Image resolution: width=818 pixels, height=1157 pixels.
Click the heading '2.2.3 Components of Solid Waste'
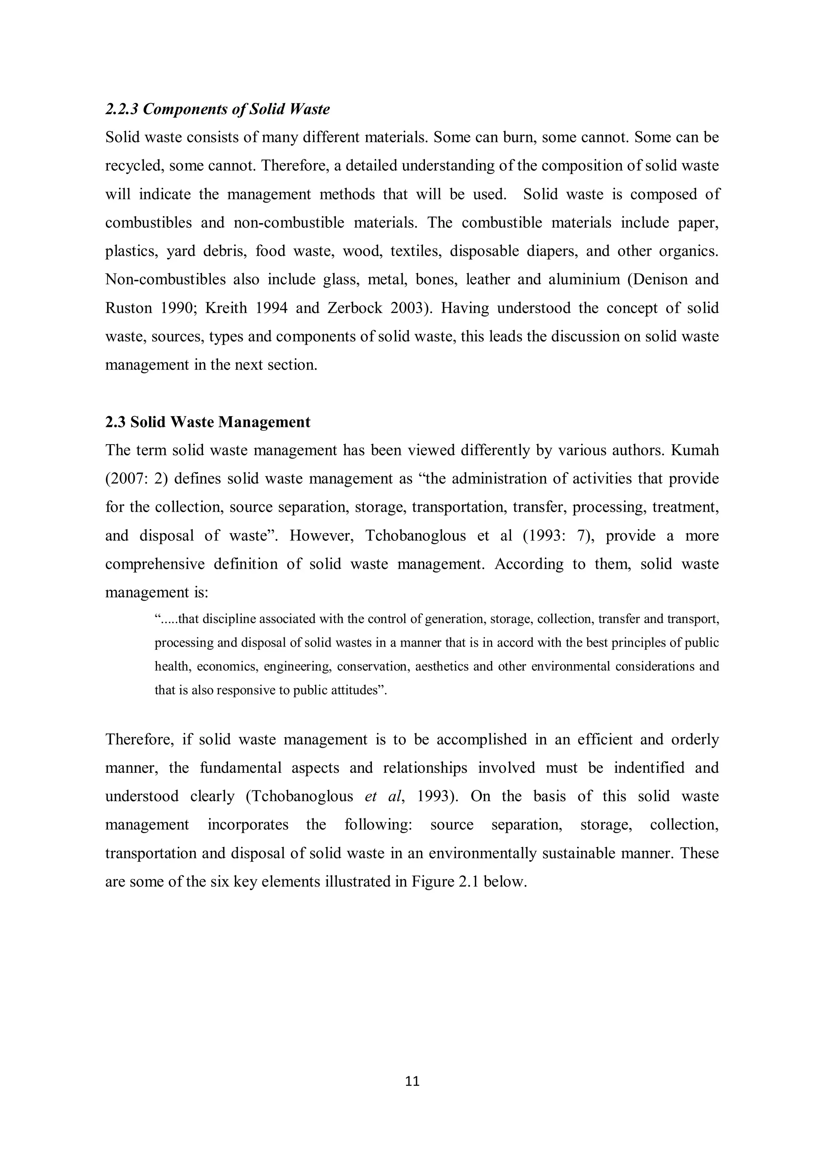217,109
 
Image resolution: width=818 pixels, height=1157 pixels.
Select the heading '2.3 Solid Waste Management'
208,422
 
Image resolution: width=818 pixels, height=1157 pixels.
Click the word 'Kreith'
226,308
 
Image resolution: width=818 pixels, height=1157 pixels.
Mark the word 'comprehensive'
155,564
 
